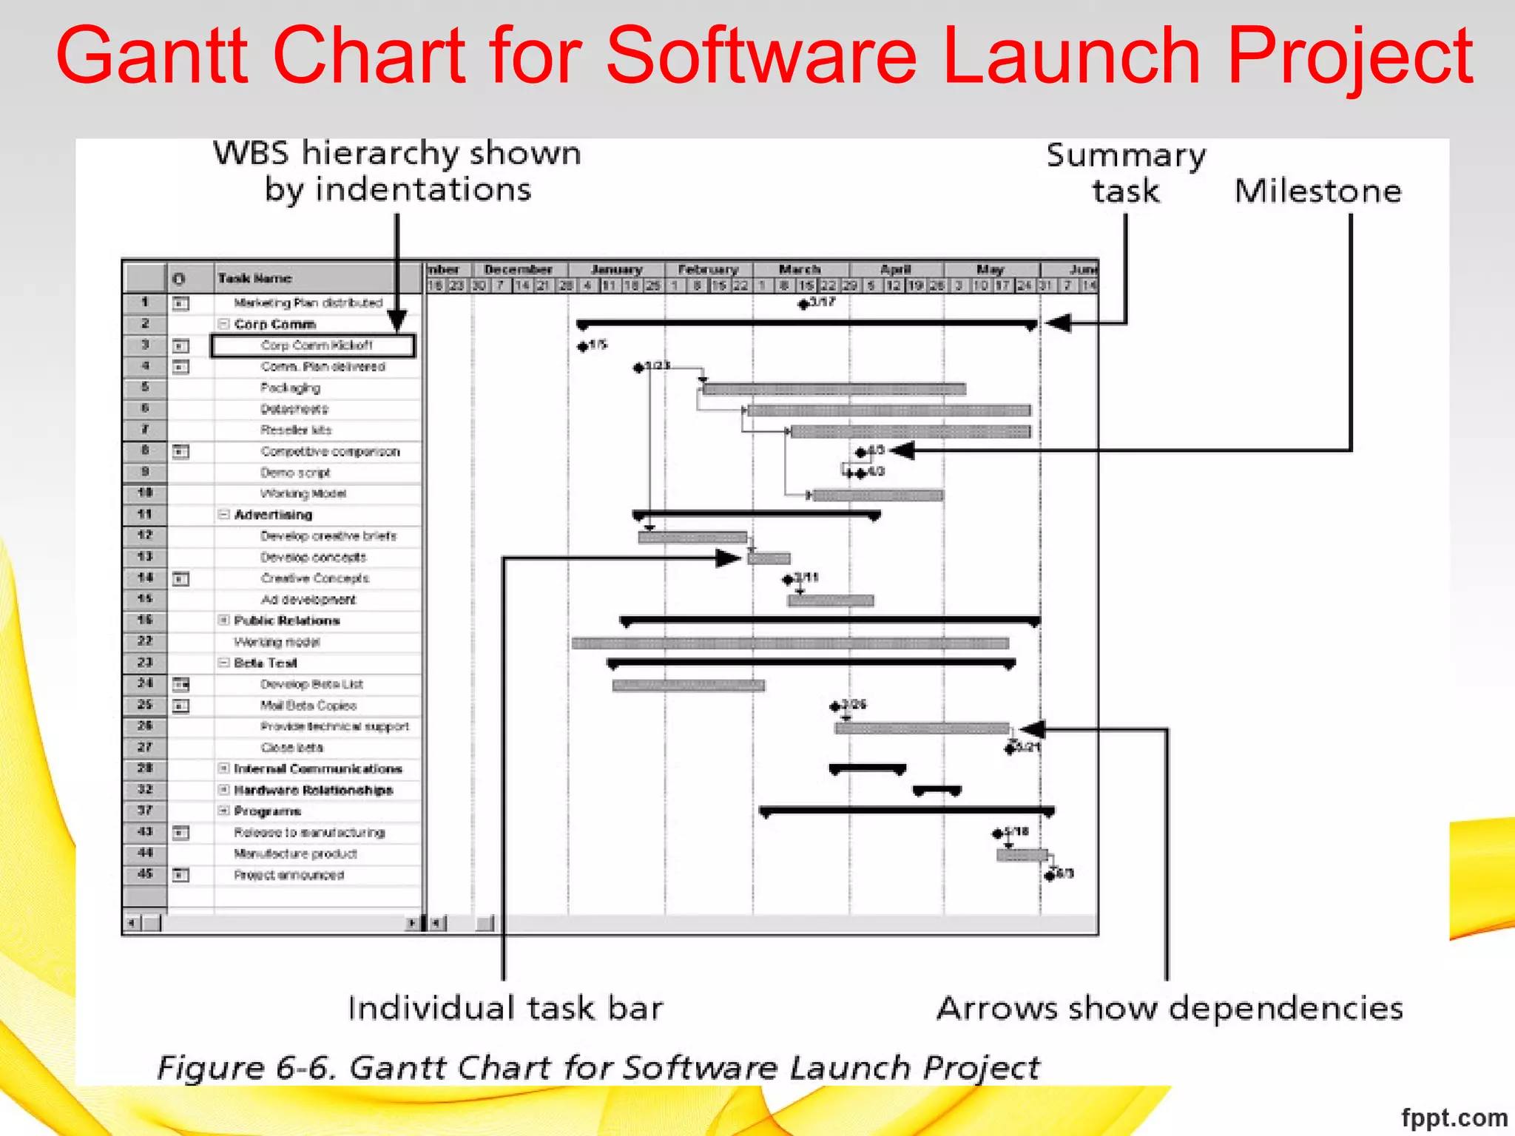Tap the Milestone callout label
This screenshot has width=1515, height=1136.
[x=1317, y=192]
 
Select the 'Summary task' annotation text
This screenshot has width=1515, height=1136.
[x=1125, y=173]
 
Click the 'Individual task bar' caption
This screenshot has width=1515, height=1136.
[x=505, y=1009]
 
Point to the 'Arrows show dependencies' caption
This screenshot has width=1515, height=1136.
[x=1170, y=1009]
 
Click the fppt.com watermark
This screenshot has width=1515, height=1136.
[x=1454, y=1118]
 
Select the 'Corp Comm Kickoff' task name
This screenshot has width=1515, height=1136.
[x=317, y=345]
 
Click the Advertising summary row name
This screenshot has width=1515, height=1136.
[x=273, y=515]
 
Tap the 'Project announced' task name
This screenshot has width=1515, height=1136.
[x=289, y=876]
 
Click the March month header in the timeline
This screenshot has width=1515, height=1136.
[x=800, y=270]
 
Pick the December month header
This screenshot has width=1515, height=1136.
[x=518, y=270]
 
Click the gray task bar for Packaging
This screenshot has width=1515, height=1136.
[x=834, y=389]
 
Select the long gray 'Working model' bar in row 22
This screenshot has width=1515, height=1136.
[x=790, y=643]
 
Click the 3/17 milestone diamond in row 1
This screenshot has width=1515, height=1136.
[x=803, y=304]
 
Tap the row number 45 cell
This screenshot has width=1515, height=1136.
[x=145, y=874]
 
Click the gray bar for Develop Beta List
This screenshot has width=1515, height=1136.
[x=688, y=686]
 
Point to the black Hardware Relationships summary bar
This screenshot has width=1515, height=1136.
[x=937, y=791]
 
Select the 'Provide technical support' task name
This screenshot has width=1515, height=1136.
[x=334, y=727]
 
